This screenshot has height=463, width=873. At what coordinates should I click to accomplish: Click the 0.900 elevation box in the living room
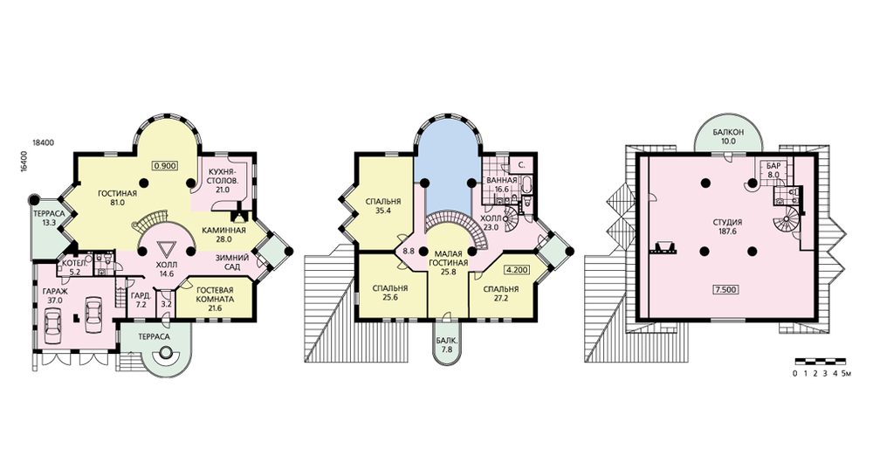(166, 165)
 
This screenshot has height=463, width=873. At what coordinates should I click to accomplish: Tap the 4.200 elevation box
(516, 270)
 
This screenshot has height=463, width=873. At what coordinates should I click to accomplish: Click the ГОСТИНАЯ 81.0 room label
(118, 198)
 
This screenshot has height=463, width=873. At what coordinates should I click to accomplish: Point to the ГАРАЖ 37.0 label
(55, 295)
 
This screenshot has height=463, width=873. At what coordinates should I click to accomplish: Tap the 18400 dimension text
(44, 142)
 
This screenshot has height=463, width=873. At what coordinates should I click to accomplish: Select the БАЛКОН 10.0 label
(728, 137)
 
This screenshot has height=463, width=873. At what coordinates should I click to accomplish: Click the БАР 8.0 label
(773, 170)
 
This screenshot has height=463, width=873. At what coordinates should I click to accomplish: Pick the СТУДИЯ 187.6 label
(728, 226)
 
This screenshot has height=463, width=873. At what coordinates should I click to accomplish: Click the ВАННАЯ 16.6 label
(502, 184)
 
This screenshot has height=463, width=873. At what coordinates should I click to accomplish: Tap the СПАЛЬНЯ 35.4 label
(383, 206)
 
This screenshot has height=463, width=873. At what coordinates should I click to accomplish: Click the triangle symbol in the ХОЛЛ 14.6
(165, 248)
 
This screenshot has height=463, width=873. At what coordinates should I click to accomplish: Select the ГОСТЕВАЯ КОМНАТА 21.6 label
(216, 299)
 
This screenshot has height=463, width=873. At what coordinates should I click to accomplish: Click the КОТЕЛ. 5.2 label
(72, 268)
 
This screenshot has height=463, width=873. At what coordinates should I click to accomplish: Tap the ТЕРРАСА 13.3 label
(49, 218)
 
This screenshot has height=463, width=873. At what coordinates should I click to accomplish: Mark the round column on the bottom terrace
(165, 353)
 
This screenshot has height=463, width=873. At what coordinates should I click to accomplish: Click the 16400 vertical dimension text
(24, 161)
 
